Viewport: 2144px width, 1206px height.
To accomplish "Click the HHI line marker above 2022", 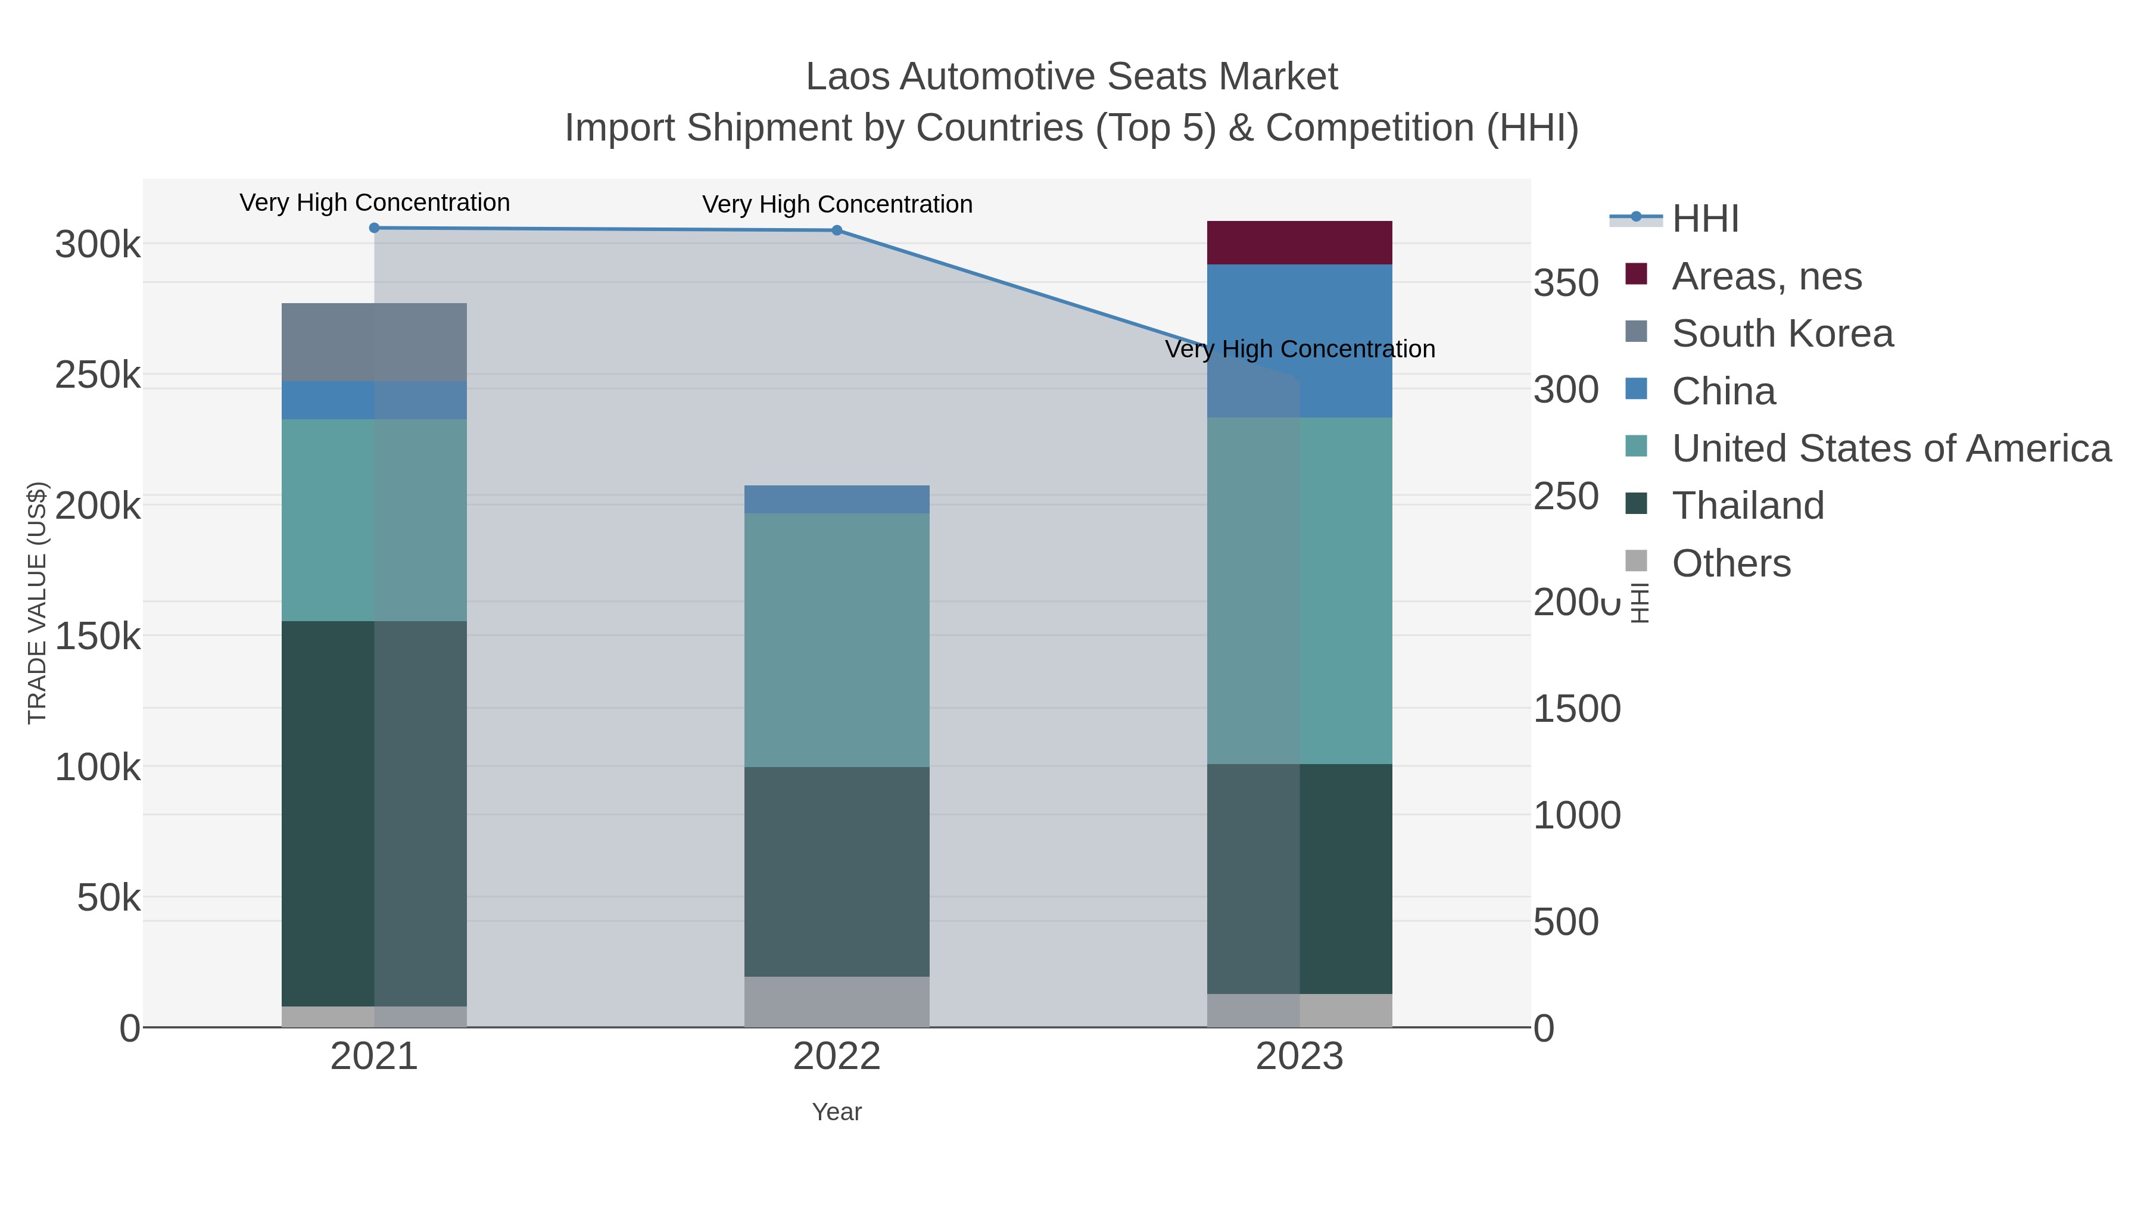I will [x=837, y=230].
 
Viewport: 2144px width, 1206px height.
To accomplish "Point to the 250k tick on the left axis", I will [x=98, y=375].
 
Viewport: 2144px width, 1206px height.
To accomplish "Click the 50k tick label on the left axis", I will [x=108, y=898].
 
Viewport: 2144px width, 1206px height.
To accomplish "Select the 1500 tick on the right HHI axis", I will [x=1576, y=709].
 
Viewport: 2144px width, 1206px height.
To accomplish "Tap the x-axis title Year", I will [x=837, y=1112].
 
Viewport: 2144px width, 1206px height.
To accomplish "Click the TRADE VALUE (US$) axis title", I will [x=38, y=603].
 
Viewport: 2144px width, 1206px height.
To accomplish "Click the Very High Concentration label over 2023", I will [x=1300, y=349].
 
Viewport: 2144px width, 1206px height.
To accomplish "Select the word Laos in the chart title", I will [x=849, y=77].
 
